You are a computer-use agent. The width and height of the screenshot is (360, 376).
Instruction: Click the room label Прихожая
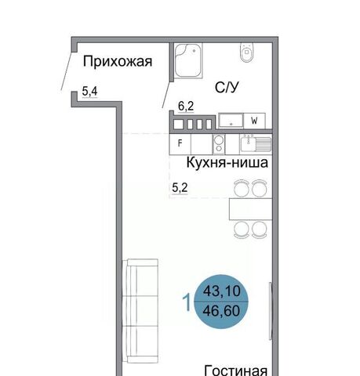click(x=118, y=62)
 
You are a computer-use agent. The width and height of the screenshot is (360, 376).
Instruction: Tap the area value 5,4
click(x=89, y=92)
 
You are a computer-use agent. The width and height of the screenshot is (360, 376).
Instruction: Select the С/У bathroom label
click(x=227, y=88)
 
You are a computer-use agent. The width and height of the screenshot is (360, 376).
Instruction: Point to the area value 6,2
click(x=186, y=107)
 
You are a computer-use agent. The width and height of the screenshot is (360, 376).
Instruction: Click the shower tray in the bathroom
click(x=188, y=60)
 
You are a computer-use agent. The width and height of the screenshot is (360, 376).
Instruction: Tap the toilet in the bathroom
click(x=246, y=52)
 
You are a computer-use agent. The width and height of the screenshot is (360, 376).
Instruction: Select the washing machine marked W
click(x=254, y=121)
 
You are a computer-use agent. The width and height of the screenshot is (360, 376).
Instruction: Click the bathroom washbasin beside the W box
click(x=231, y=121)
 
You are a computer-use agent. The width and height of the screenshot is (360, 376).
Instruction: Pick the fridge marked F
click(x=180, y=143)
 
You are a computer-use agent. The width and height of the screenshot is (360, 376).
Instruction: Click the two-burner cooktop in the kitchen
click(x=219, y=144)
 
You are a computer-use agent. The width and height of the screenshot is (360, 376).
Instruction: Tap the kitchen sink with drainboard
click(x=256, y=144)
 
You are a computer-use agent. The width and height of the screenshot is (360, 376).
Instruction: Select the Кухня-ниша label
click(x=227, y=162)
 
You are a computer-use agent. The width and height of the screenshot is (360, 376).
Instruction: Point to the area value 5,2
click(x=180, y=188)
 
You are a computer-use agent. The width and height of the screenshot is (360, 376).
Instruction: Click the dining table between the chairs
click(x=250, y=209)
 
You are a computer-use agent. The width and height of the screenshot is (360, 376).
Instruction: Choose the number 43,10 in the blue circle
click(x=222, y=291)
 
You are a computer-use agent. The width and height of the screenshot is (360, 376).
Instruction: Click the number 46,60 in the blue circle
click(x=221, y=311)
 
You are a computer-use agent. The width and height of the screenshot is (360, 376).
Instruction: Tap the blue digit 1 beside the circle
click(x=187, y=302)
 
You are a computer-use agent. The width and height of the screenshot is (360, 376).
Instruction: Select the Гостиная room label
click(x=236, y=371)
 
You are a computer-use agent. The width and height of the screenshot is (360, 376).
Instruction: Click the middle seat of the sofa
click(x=143, y=311)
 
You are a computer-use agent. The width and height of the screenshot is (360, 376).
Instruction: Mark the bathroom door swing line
click(x=167, y=95)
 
